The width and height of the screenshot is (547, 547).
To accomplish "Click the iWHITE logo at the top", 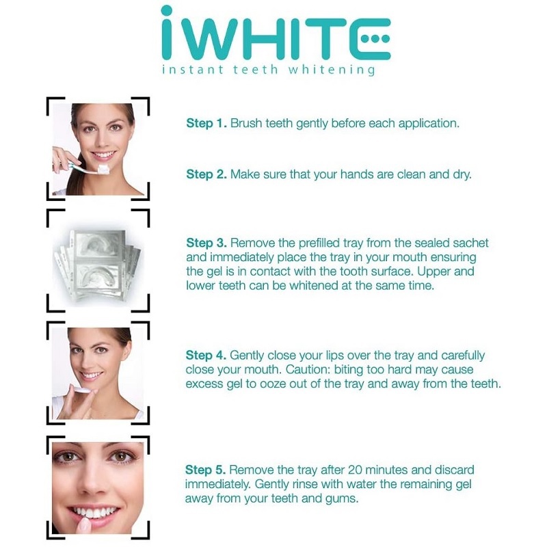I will [x=273, y=34].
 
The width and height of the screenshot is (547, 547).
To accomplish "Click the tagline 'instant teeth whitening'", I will [x=268, y=70].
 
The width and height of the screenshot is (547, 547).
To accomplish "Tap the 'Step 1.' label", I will [x=206, y=124].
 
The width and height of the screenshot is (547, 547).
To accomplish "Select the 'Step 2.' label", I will [x=206, y=175].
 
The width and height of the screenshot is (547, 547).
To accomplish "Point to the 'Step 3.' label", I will [x=206, y=243].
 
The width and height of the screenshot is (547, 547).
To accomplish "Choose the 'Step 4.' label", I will [x=206, y=356].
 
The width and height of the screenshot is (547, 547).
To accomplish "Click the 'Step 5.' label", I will [x=206, y=470].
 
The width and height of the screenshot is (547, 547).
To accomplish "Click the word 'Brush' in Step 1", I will [x=245, y=124].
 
